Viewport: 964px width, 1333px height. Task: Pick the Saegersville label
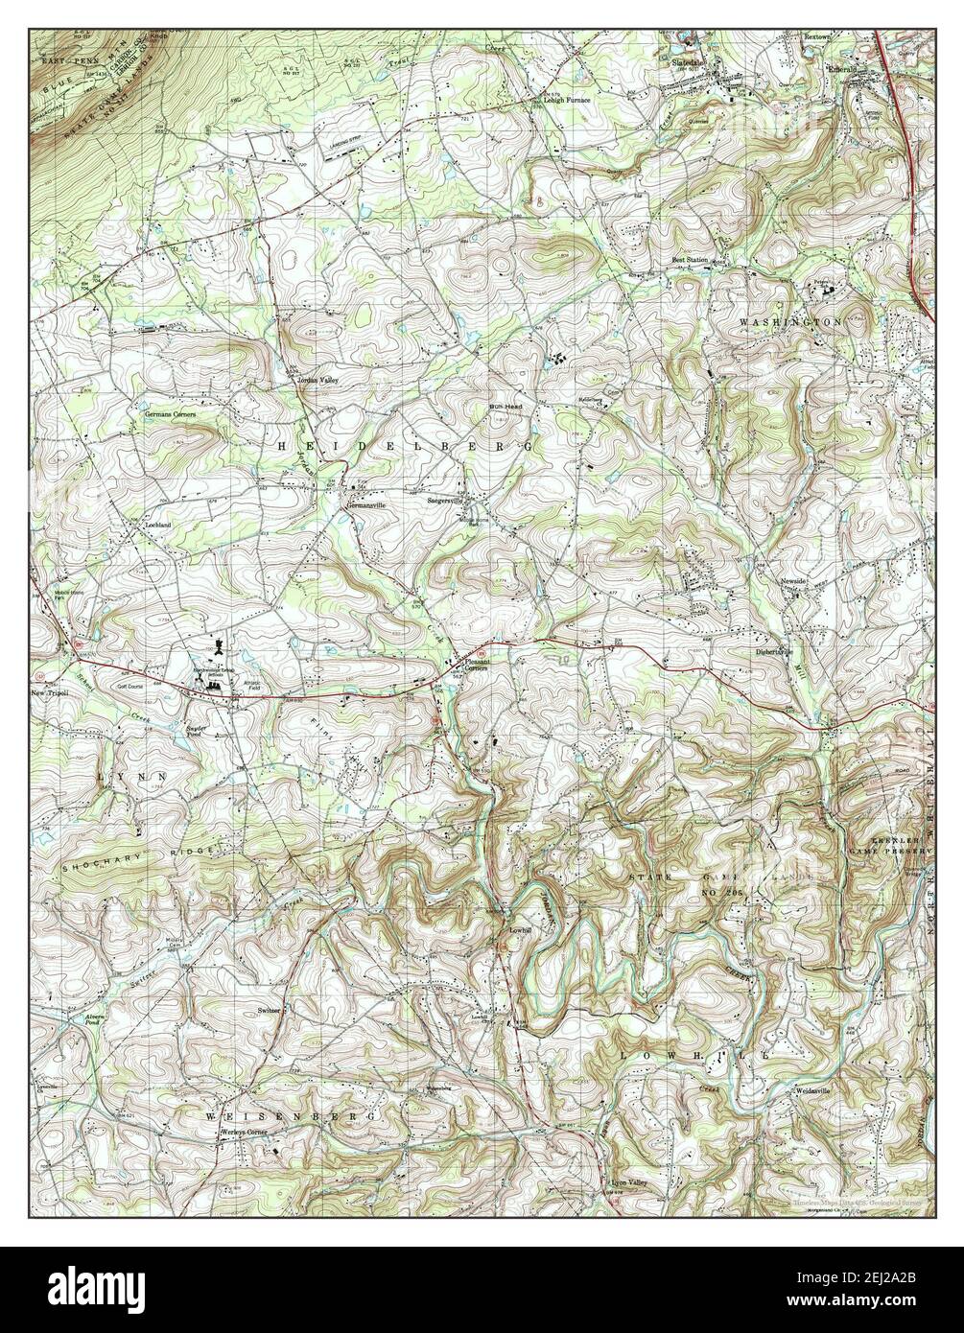[x=446, y=501]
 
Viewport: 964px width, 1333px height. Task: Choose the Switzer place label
[x=269, y=1011]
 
